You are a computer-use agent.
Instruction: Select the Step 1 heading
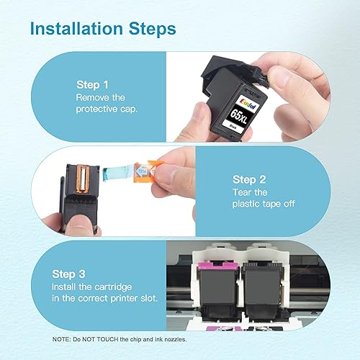coord(93,84)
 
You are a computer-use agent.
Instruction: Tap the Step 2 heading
coord(249,179)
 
